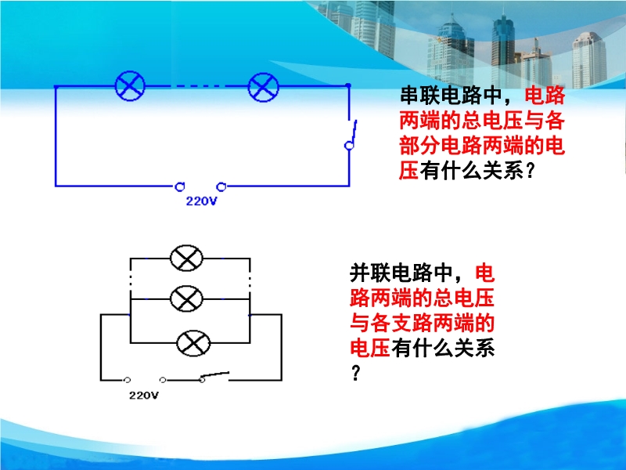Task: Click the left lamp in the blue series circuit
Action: [x=130, y=86]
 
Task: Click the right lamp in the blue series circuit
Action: [x=263, y=87]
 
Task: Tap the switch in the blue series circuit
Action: [x=351, y=135]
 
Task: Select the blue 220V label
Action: [x=201, y=201]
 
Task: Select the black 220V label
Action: [x=144, y=396]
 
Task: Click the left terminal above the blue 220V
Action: [x=180, y=186]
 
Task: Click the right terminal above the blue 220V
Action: [x=221, y=186]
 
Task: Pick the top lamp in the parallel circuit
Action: [x=186, y=258]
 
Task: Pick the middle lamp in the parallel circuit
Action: [x=186, y=298]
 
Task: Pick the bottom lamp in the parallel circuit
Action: [x=193, y=343]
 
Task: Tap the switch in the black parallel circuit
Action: [x=214, y=376]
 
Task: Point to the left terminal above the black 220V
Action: [x=128, y=380]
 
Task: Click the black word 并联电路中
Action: [x=401, y=273]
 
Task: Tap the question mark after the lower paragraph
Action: [x=356, y=373]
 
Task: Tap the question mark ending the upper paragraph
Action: [x=530, y=171]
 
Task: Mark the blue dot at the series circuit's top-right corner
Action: [x=348, y=85]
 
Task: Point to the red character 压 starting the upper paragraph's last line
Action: [x=408, y=170]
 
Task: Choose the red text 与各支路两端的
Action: [x=422, y=323]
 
